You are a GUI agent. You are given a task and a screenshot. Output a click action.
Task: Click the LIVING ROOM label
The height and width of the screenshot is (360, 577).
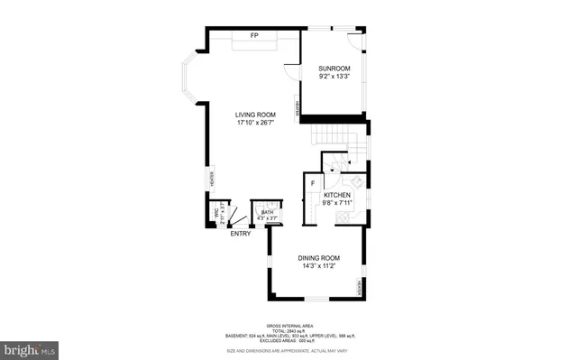[254, 115]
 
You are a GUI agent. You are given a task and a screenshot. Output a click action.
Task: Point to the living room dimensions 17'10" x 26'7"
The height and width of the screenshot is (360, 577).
[254, 123]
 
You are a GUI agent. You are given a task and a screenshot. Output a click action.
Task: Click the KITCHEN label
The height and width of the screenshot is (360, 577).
[337, 195]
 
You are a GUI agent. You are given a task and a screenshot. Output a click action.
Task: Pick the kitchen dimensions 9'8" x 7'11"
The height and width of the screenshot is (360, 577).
[337, 203]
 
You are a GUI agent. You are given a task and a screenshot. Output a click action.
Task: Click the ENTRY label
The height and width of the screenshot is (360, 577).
[241, 234]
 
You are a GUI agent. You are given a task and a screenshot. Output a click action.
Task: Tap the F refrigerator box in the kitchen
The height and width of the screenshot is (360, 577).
[312, 184]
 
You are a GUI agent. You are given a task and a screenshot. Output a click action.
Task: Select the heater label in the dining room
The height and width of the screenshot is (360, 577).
[359, 288]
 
